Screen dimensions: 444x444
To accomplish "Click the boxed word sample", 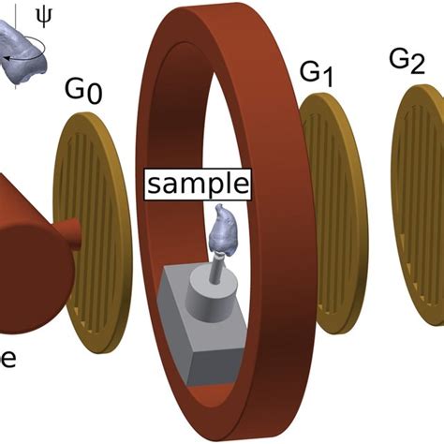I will coord(197,183).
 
